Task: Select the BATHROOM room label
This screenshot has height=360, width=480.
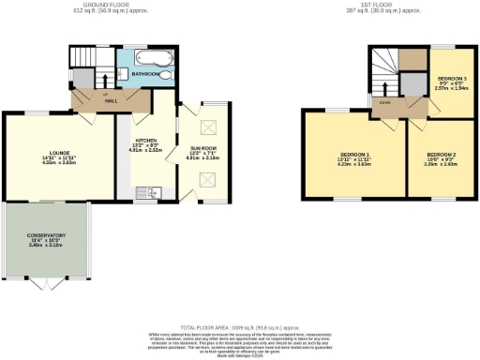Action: click(145, 72)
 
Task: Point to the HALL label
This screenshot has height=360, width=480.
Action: click(111, 100)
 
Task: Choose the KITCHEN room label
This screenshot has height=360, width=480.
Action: click(145, 141)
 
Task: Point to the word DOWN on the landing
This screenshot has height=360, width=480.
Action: click(385, 103)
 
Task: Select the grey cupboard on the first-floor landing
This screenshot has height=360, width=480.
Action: click(413, 83)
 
